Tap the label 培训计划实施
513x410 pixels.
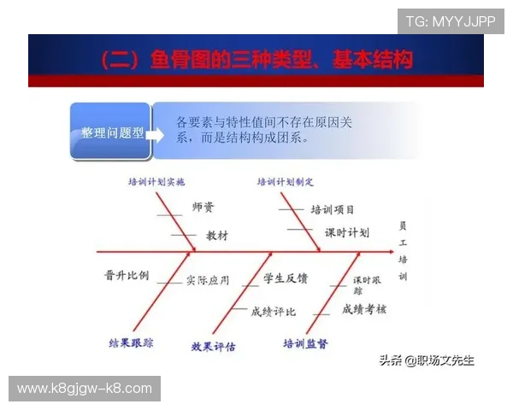(x=156, y=182)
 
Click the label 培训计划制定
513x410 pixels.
(x=286, y=182)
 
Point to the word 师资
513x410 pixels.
(x=203, y=208)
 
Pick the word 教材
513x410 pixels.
(x=217, y=235)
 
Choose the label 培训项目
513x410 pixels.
(x=333, y=209)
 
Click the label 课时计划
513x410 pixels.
(x=346, y=232)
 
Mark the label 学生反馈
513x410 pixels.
(x=286, y=278)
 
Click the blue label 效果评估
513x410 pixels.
(x=214, y=347)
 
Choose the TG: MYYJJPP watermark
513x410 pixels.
(x=450, y=21)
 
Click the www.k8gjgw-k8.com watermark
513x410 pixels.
(x=85, y=389)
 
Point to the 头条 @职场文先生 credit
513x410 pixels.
(x=427, y=360)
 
